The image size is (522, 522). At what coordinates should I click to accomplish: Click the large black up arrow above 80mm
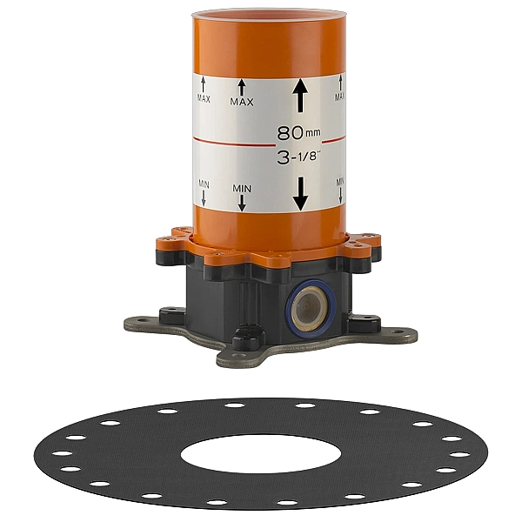click(300, 95)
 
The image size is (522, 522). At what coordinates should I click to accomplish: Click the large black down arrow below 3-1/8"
click(300, 194)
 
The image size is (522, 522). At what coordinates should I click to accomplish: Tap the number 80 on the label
click(290, 133)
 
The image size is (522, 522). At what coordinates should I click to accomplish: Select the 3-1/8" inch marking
click(298, 157)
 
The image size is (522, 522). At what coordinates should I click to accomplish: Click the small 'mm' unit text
click(313, 133)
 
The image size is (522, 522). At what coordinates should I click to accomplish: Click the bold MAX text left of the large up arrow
click(242, 102)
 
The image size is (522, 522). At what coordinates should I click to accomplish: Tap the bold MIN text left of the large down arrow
click(242, 189)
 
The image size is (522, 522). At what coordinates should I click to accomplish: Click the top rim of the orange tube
click(269, 14)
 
